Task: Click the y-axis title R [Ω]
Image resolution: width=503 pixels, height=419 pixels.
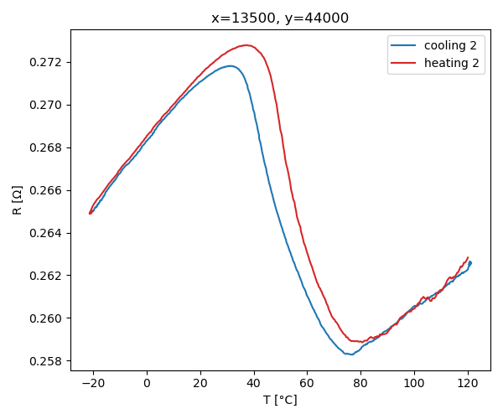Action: click(17, 199)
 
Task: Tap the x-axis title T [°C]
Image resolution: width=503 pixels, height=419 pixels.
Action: click(280, 400)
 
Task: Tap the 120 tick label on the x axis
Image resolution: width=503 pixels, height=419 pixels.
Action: click(468, 384)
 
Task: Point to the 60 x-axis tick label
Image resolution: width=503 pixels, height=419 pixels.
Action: click(307, 384)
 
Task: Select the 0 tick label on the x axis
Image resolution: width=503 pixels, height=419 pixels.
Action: click(147, 384)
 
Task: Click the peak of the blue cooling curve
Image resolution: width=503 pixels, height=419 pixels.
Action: click(231, 65)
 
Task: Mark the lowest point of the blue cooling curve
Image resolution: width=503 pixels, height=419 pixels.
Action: click(350, 354)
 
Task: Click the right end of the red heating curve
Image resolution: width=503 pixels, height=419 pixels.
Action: click(468, 257)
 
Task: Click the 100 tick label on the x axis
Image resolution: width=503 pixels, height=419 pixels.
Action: click(414, 384)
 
